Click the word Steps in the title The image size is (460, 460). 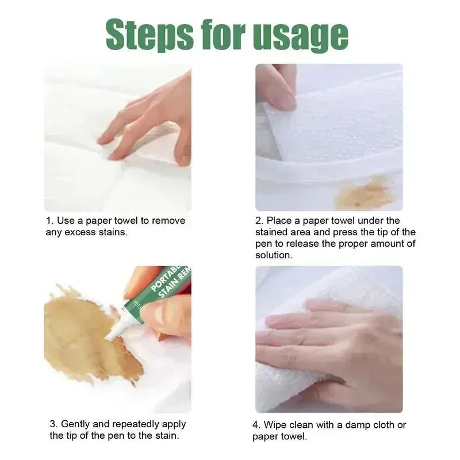pyautogui.click(x=150, y=34)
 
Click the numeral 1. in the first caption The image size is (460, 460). pyautogui.click(x=49, y=221)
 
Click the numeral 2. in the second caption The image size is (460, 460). pyautogui.click(x=259, y=221)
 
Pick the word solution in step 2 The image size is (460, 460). pyautogui.click(x=274, y=255)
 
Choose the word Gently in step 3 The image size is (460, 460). pyautogui.click(x=75, y=424)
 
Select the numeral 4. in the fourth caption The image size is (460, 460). pyautogui.click(x=256, y=425)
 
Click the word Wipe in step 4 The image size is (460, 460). pyautogui.click(x=274, y=425)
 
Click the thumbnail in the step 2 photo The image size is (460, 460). pyautogui.click(x=282, y=99)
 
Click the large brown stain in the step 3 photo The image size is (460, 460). pyautogui.click(x=88, y=335)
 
